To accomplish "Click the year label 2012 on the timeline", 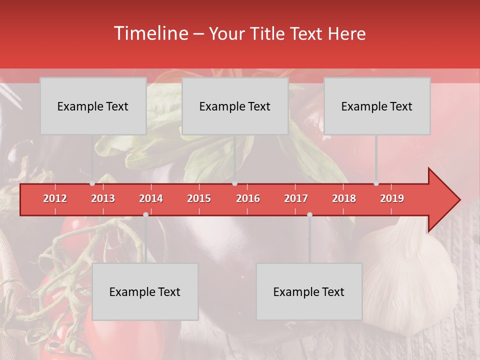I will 55,198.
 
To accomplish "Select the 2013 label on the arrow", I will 103,198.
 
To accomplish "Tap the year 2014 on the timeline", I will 151,198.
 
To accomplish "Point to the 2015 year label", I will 199,198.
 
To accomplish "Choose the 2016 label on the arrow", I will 248,198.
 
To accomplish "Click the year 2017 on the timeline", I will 296,198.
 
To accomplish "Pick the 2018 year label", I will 344,198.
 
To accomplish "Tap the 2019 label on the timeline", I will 392,198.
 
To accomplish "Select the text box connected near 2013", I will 93,106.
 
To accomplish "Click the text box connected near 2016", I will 235,106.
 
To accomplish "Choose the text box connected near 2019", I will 377,106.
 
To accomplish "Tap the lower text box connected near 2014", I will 145,291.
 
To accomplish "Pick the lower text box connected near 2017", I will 309,291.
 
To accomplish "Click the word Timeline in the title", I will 150,33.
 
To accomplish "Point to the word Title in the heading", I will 270,34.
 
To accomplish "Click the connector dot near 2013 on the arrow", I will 92,183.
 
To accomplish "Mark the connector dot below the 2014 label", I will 145,214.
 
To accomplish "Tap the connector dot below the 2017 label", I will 309,214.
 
